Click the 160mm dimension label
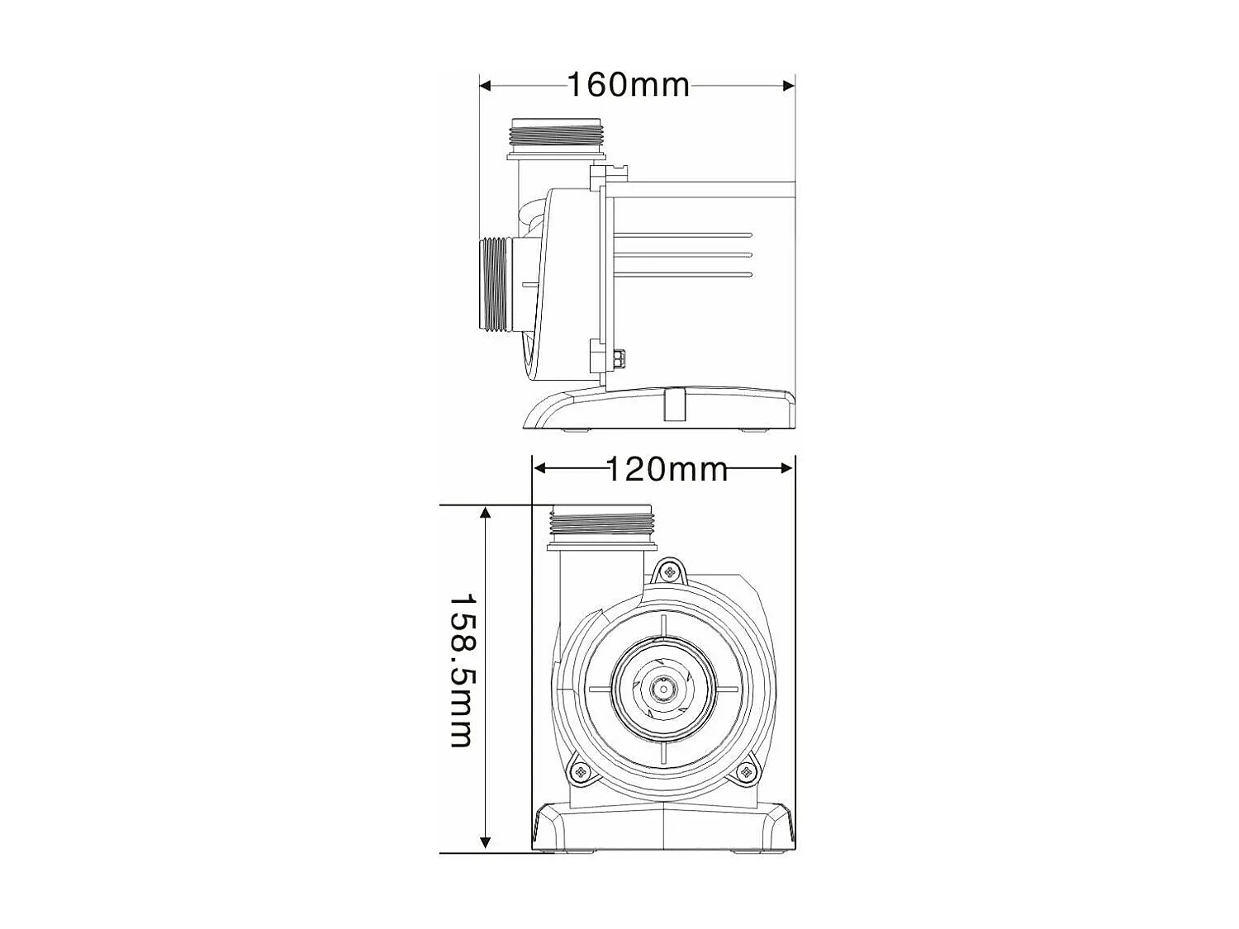(x=628, y=84)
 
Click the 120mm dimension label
(x=667, y=469)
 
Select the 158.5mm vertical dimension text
(x=460, y=671)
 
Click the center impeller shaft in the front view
(x=662, y=687)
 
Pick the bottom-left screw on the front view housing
(x=580, y=772)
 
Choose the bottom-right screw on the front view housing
(x=747, y=772)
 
